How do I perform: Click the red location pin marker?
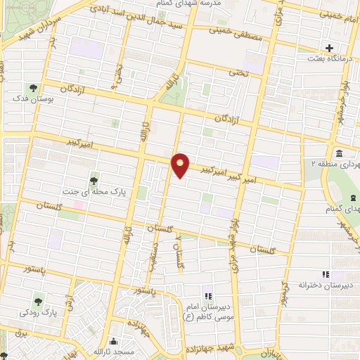click(181, 165)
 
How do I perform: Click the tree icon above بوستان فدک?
click(33, 89)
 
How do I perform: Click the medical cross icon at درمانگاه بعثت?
click(329, 49)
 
